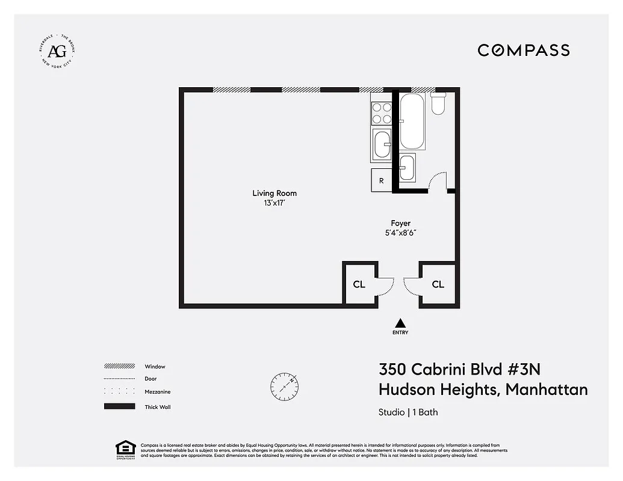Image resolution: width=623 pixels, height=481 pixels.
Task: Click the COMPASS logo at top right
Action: click(x=523, y=50)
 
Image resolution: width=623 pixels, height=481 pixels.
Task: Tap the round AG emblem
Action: click(x=57, y=50)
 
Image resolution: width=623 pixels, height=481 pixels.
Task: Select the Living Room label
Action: click(x=274, y=194)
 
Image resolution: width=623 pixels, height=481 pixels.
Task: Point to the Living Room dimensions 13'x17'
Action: click(x=274, y=203)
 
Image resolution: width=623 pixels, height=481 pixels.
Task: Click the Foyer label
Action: click(x=400, y=224)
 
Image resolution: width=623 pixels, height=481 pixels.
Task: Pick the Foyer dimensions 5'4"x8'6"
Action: click(x=400, y=233)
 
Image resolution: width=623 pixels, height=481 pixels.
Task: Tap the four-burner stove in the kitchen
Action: click(x=381, y=113)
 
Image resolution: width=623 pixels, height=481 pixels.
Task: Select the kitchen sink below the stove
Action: click(x=382, y=144)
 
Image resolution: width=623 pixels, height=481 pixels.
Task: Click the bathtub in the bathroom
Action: click(x=412, y=121)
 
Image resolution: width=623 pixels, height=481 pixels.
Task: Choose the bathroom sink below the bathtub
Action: click(x=408, y=167)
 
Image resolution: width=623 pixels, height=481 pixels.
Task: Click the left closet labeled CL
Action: click(x=359, y=284)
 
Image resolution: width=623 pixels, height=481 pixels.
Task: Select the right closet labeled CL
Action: click(x=438, y=284)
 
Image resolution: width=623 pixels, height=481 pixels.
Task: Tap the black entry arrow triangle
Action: click(x=400, y=323)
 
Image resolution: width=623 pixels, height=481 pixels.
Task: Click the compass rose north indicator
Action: click(x=285, y=385)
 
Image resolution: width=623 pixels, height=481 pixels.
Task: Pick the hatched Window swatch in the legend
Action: click(x=119, y=366)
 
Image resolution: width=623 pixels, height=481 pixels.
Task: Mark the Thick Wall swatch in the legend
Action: click(x=119, y=407)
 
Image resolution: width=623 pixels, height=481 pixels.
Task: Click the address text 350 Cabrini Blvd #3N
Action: click(x=463, y=369)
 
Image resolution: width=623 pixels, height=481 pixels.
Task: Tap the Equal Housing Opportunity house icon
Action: click(x=125, y=449)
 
